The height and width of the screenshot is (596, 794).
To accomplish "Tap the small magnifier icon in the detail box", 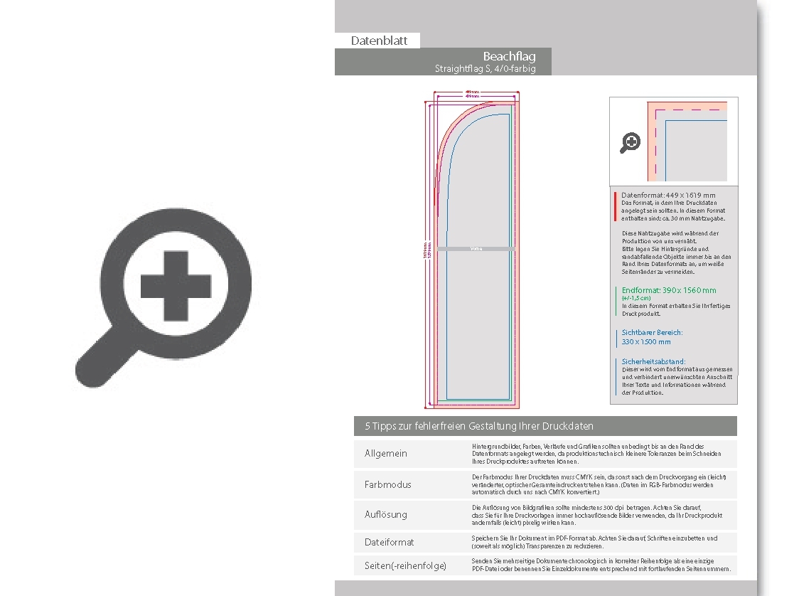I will pyautogui.click(x=630, y=143).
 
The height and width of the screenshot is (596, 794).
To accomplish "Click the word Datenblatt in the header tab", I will pyautogui.click(x=379, y=41).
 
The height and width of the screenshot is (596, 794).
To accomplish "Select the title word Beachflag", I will pyautogui.click(x=509, y=57).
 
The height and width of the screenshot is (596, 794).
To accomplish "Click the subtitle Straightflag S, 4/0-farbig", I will pyautogui.click(x=485, y=69).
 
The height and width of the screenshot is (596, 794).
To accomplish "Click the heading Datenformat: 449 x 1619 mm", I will pyautogui.click(x=668, y=195).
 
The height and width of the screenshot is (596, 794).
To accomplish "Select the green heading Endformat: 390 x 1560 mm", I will pyautogui.click(x=669, y=290).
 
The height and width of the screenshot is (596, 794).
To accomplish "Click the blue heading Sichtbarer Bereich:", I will pyautogui.click(x=652, y=332).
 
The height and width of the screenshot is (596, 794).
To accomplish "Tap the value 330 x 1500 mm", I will pyautogui.click(x=646, y=341).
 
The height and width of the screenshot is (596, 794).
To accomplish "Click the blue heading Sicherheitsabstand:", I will pyautogui.click(x=653, y=361).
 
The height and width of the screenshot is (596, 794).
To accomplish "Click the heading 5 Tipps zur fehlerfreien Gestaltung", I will pyautogui.click(x=479, y=426).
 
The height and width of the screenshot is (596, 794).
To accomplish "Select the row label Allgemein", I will pyautogui.click(x=386, y=454).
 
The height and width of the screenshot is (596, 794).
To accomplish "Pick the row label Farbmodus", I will pyautogui.click(x=388, y=484).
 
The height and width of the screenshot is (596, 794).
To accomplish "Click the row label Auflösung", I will pyautogui.click(x=386, y=514).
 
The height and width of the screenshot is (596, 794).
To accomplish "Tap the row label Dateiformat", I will pyautogui.click(x=390, y=542).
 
